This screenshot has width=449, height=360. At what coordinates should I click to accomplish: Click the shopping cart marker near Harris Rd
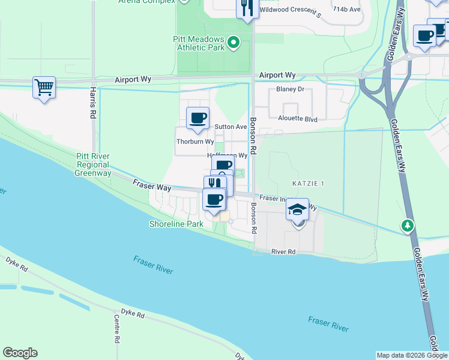tap(44, 88)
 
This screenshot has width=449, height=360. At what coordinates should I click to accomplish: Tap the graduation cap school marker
tap(297, 210)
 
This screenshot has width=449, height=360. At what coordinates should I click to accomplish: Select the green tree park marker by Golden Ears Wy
tap(408, 226)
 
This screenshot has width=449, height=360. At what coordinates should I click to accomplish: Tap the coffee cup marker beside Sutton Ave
tap(197, 118)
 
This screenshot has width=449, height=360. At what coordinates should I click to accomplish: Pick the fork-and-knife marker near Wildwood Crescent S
tap(247, 8)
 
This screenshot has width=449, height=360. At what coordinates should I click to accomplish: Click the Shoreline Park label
tap(177, 224)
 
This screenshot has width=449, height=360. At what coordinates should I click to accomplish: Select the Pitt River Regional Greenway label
tap(92, 164)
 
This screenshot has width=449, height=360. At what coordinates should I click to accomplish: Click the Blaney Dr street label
tap(291, 89)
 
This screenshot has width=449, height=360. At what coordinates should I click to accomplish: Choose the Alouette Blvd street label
tap(297, 119)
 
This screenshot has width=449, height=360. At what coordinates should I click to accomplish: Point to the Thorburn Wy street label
tap(195, 142)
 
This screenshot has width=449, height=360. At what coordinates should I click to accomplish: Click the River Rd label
tap(283, 252)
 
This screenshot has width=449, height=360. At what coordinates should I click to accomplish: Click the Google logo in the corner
tap(20, 353)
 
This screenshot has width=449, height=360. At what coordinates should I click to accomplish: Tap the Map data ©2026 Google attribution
tap(412, 355)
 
